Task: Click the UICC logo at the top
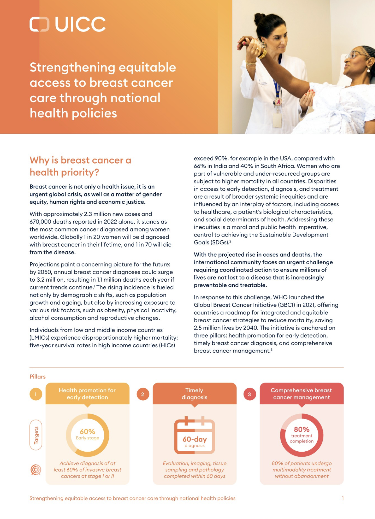(x=68, y=24)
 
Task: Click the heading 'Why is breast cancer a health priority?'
(x=80, y=166)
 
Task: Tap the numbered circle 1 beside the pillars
(x=36, y=394)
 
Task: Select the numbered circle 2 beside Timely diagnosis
(x=143, y=394)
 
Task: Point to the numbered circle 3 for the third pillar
(x=250, y=394)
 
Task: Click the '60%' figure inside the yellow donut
(x=87, y=432)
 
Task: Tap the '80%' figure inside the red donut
(x=302, y=429)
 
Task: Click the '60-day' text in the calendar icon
(x=194, y=439)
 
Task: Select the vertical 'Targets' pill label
(x=36, y=435)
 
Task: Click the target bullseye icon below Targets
(x=36, y=469)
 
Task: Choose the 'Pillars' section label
(x=38, y=377)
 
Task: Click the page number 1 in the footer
(x=343, y=498)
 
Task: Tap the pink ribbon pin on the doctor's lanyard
(x=277, y=102)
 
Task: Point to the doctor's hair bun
(x=259, y=19)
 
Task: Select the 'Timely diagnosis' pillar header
(x=194, y=394)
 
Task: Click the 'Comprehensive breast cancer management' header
(x=302, y=394)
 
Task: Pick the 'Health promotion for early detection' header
(x=87, y=394)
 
